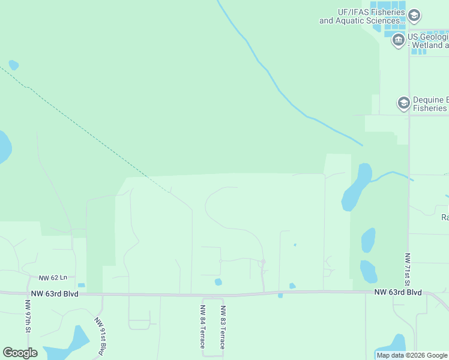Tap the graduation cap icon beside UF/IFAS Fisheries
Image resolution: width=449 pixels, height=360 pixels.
[x=414, y=15]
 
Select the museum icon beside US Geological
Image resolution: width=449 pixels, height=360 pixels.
[x=398, y=41]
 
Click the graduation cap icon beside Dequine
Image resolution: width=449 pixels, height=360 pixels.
[x=404, y=103]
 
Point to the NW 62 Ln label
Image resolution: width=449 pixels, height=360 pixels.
[x=53, y=278]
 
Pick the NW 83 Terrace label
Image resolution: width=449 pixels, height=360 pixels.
[x=222, y=328]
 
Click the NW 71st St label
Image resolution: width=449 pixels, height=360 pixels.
[x=407, y=269]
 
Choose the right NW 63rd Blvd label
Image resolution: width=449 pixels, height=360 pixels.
[x=398, y=292]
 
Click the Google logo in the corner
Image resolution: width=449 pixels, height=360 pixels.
[x=20, y=353]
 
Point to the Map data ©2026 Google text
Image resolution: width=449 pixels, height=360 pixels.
[x=412, y=356]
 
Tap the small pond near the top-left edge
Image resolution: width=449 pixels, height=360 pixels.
[x=14, y=65]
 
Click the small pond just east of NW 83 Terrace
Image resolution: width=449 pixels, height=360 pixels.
[x=218, y=281]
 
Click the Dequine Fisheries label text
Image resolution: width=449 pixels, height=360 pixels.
[x=430, y=104]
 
